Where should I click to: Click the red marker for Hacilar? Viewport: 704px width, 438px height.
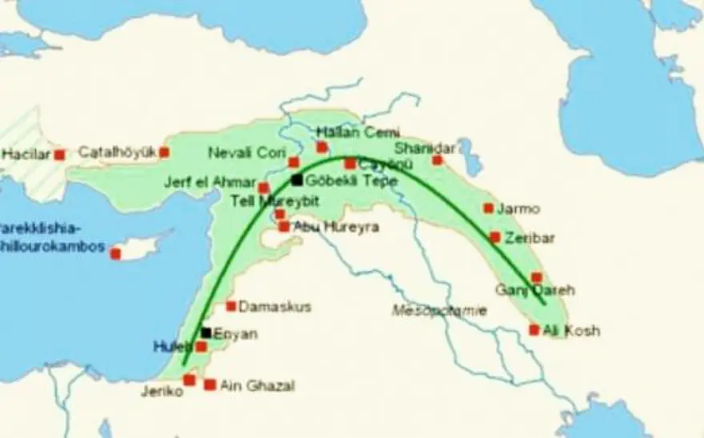click(59, 155)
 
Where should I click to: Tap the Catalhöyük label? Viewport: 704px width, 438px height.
click(118, 151)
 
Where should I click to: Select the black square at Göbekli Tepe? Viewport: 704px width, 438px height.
click(298, 180)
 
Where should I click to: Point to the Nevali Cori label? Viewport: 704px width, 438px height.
click(242, 152)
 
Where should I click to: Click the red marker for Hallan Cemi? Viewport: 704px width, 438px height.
click(322, 147)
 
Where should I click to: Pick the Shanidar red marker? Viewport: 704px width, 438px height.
click(438, 160)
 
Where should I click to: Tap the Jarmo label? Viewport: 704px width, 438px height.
click(518, 208)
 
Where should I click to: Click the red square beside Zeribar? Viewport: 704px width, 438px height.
click(495, 237)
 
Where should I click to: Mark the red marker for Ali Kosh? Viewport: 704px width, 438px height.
click(534, 330)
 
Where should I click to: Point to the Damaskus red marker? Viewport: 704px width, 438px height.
click(231, 306)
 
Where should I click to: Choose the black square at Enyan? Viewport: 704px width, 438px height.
click(206, 332)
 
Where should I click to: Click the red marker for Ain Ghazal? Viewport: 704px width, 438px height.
click(210, 385)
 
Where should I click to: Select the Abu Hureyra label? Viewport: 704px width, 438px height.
click(336, 227)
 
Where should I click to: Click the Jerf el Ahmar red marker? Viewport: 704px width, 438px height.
click(264, 188)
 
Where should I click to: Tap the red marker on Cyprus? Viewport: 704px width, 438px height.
click(115, 254)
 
